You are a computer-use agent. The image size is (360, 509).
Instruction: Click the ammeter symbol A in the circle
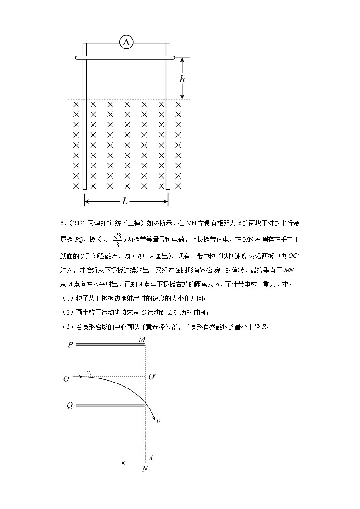tap(126, 43)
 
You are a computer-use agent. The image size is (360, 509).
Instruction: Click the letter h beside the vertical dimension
tap(182, 78)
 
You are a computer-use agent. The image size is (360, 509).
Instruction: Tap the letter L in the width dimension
tap(125, 201)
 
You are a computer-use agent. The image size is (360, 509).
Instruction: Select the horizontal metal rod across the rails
tap(125, 58)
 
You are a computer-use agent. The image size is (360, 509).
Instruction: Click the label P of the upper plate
tap(70, 345)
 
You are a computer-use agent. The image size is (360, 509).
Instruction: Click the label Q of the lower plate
tap(70, 406)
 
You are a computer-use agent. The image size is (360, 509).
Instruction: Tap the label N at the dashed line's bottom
tap(145, 470)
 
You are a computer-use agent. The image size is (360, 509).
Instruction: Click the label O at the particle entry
tap(67, 378)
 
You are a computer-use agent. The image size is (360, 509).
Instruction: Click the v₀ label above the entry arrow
tap(90, 373)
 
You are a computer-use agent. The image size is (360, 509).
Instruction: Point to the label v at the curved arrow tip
tap(158, 422)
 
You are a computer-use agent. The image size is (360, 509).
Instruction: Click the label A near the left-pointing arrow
tap(150, 458)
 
